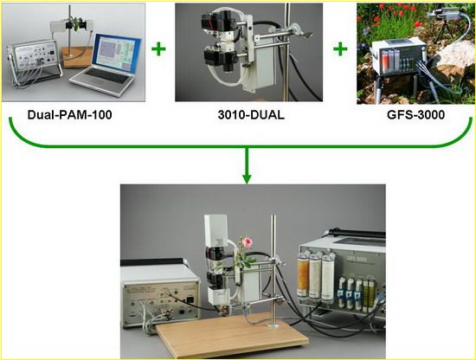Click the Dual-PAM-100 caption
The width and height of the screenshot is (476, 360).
(x=69, y=115)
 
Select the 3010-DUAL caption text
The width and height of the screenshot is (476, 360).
(x=251, y=115)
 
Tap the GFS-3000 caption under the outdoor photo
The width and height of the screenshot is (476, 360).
(x=415, y=115)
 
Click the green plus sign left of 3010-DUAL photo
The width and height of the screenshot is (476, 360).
(x=158, y=49)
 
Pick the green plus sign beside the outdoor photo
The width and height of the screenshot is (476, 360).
(x=340, y=49)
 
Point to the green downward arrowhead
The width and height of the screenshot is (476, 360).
(x=247, y=178)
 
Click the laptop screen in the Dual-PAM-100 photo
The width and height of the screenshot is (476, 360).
(x=117, y=53)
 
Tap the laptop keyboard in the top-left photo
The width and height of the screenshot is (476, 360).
(x=107, y=76)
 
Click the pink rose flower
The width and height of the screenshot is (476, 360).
(x=248, y=242)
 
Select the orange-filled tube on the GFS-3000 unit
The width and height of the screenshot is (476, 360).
(x=303, y=275)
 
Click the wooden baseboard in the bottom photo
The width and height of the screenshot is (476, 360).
(x=232, y=335)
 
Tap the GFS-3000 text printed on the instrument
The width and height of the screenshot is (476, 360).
(x=357, y=259)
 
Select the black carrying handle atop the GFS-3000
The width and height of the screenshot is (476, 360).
(x=358, y=233)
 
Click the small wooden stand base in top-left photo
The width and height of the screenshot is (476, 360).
(x=76, y=58)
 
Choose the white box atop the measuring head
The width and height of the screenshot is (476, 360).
(x=215, y=231)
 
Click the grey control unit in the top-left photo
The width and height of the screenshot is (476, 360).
(x=33, y=59)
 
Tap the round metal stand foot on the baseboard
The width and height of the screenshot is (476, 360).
(x=273, y=325)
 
